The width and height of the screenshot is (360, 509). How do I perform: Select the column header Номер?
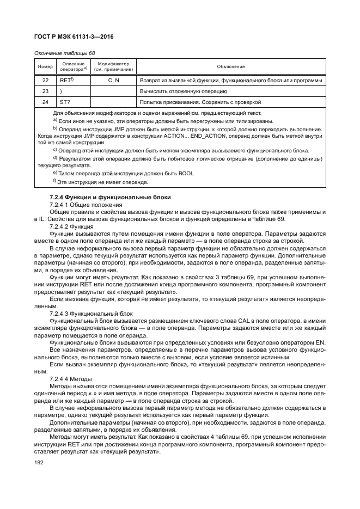pyautogui.click(x=44, y=67)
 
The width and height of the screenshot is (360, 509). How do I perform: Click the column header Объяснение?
pyautogui.click(x=231, y=67)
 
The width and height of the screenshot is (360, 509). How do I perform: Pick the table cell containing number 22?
pyautogui.click(x=45, y=81)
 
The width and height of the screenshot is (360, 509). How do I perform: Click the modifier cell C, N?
pyautogui.click(x=114, y=81)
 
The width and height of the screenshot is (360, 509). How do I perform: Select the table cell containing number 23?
pyautogui.click(x=45, y=91)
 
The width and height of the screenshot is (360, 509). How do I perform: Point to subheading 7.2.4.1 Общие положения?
pyautogui.click(x=86, y=204)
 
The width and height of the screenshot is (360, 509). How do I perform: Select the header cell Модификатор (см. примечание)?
pyautogui.click(x=114, y=67)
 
